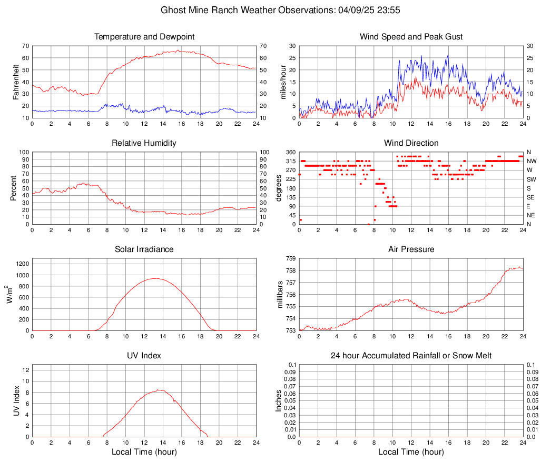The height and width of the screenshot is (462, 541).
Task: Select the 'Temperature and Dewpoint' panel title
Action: pyautogui.click(x=144, y=37)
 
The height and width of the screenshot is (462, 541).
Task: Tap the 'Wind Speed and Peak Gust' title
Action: pyautogui.click(x=411, y=37)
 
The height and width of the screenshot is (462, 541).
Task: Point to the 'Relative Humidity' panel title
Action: pyautogui.click(x=144, y=143)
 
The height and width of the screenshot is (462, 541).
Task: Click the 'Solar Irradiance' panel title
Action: pyautogui.click(x=144, y=249)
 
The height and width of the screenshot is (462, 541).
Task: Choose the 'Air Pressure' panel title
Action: pyautogui.click(x=411, y=249)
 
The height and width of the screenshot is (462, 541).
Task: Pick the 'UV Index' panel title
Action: pyautogui.click(x=144, y=356)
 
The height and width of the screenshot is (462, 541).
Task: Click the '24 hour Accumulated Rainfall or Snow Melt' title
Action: pyautogui.click(x=411, y=356)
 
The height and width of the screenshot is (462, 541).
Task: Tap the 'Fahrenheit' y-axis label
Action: pyautogui.click(x=16, y=82)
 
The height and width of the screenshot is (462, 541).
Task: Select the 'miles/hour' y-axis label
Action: pyautogui.click(x=283, y=82)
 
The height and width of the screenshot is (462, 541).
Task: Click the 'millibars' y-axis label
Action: pyautogui.click(x=280, y=295)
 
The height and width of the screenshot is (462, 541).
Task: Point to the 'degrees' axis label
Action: pyautogui.click(x=279, y=188)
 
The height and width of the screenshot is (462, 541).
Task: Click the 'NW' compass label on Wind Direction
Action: pyautogui.click(x=532, y=161)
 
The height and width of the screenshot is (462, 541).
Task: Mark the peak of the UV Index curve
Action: pyautogui.click(x=159, y=390)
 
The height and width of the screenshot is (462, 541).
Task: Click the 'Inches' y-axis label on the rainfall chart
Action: pyautogui.click(x=279, y=401)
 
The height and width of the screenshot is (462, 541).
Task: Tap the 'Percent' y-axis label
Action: pyautogui.click(x=13, y=188)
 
